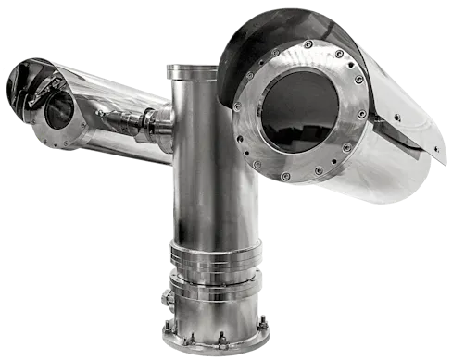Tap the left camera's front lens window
(58, 108)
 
